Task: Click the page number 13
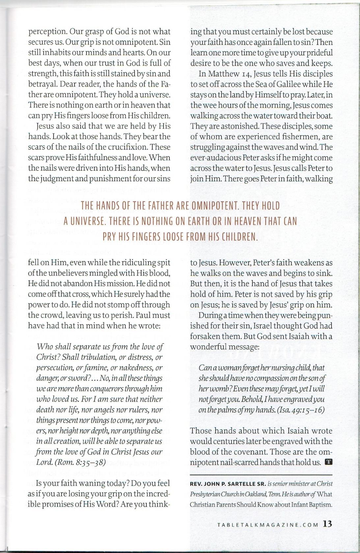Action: coord(328,524)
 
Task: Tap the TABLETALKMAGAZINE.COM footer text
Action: coord(268,525)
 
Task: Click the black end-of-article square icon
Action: coord(328,462)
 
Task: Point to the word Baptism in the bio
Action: coord(319,505)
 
